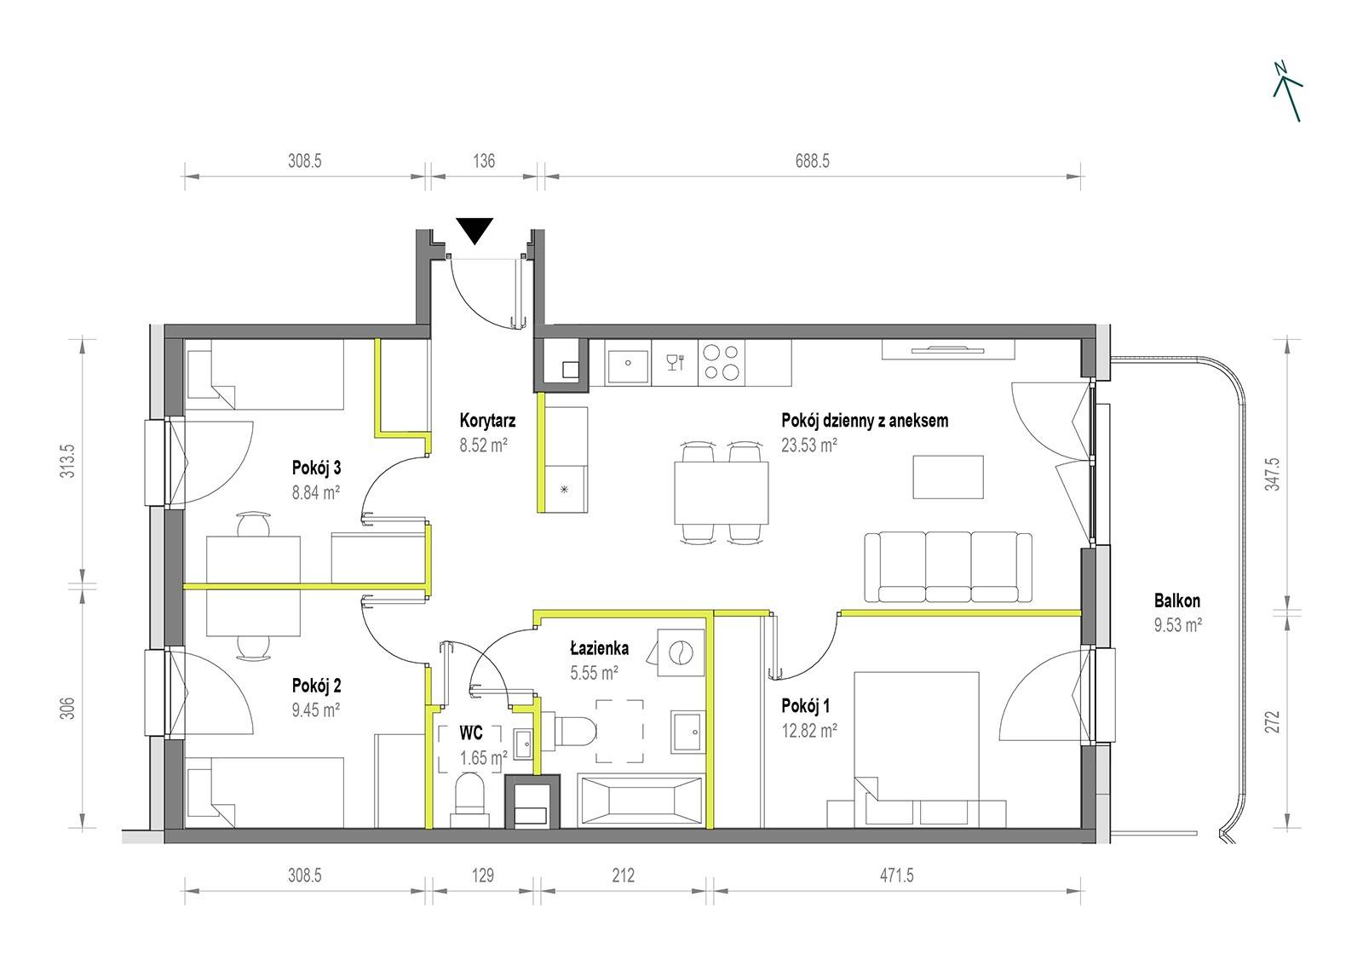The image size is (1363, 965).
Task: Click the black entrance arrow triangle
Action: click(474, 230)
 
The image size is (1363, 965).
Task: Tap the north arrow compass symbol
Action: click(1287, 91)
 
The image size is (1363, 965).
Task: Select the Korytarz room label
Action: click(487, 421)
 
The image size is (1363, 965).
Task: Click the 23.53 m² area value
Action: click(808, 445)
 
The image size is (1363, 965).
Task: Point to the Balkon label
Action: click(1176, 600)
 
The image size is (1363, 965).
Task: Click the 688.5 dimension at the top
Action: click(813, 161)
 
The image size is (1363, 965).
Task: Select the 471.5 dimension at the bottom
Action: click(896, 875)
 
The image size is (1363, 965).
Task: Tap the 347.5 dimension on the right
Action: click(1274, 474)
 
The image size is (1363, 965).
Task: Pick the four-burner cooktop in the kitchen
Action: click(721, 362)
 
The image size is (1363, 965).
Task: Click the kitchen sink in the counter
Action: click(628, 363)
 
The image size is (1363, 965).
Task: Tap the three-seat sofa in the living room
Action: click(948, 567)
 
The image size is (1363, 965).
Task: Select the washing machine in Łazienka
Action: click(681, 653)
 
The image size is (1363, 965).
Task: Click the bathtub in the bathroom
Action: click(641, 801)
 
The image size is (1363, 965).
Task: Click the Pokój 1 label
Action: click(806, 706)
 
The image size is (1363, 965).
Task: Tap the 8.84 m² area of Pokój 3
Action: click(315, 492)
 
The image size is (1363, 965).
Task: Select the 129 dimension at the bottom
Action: click(483, 875)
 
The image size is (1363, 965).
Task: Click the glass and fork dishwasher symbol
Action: click(676, 362)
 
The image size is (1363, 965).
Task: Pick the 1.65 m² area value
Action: click(483, 758)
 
